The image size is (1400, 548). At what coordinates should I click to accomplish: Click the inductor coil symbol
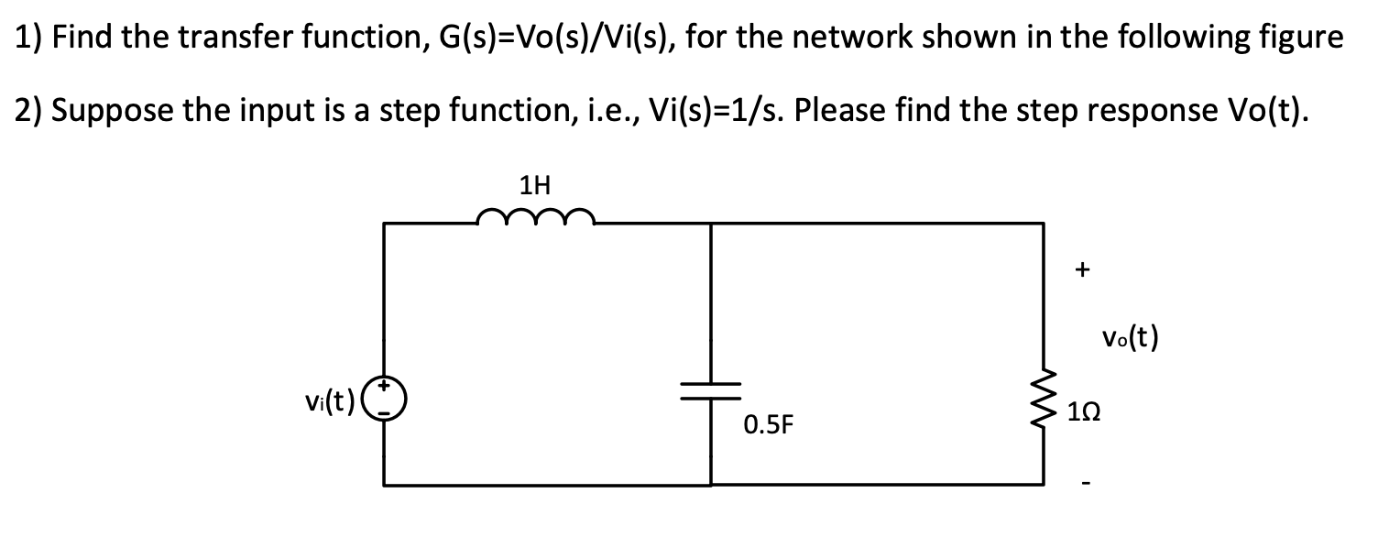536,217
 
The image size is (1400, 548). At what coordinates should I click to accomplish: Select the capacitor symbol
711,392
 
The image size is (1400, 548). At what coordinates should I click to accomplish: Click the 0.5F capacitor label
768,425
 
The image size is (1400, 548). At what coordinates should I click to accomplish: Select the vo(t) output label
1130,339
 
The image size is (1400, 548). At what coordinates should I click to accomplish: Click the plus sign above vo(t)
1083,270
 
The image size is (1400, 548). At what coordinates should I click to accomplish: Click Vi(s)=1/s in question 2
724,110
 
